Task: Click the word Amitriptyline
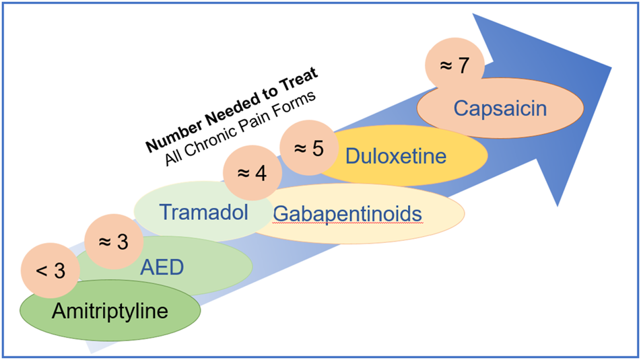coord(110,312)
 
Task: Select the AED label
coord(162,268)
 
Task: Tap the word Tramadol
coord(203,213)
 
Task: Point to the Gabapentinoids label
coord(347,213)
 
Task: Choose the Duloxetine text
coord(395,156)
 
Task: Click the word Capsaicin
coord(500,107)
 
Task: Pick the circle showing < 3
coord(50,271)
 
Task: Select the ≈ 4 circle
coord(250,173)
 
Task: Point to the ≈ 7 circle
coord(455,65)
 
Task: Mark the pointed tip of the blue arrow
coord(611,67)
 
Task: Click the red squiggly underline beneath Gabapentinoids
coord(347,223)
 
